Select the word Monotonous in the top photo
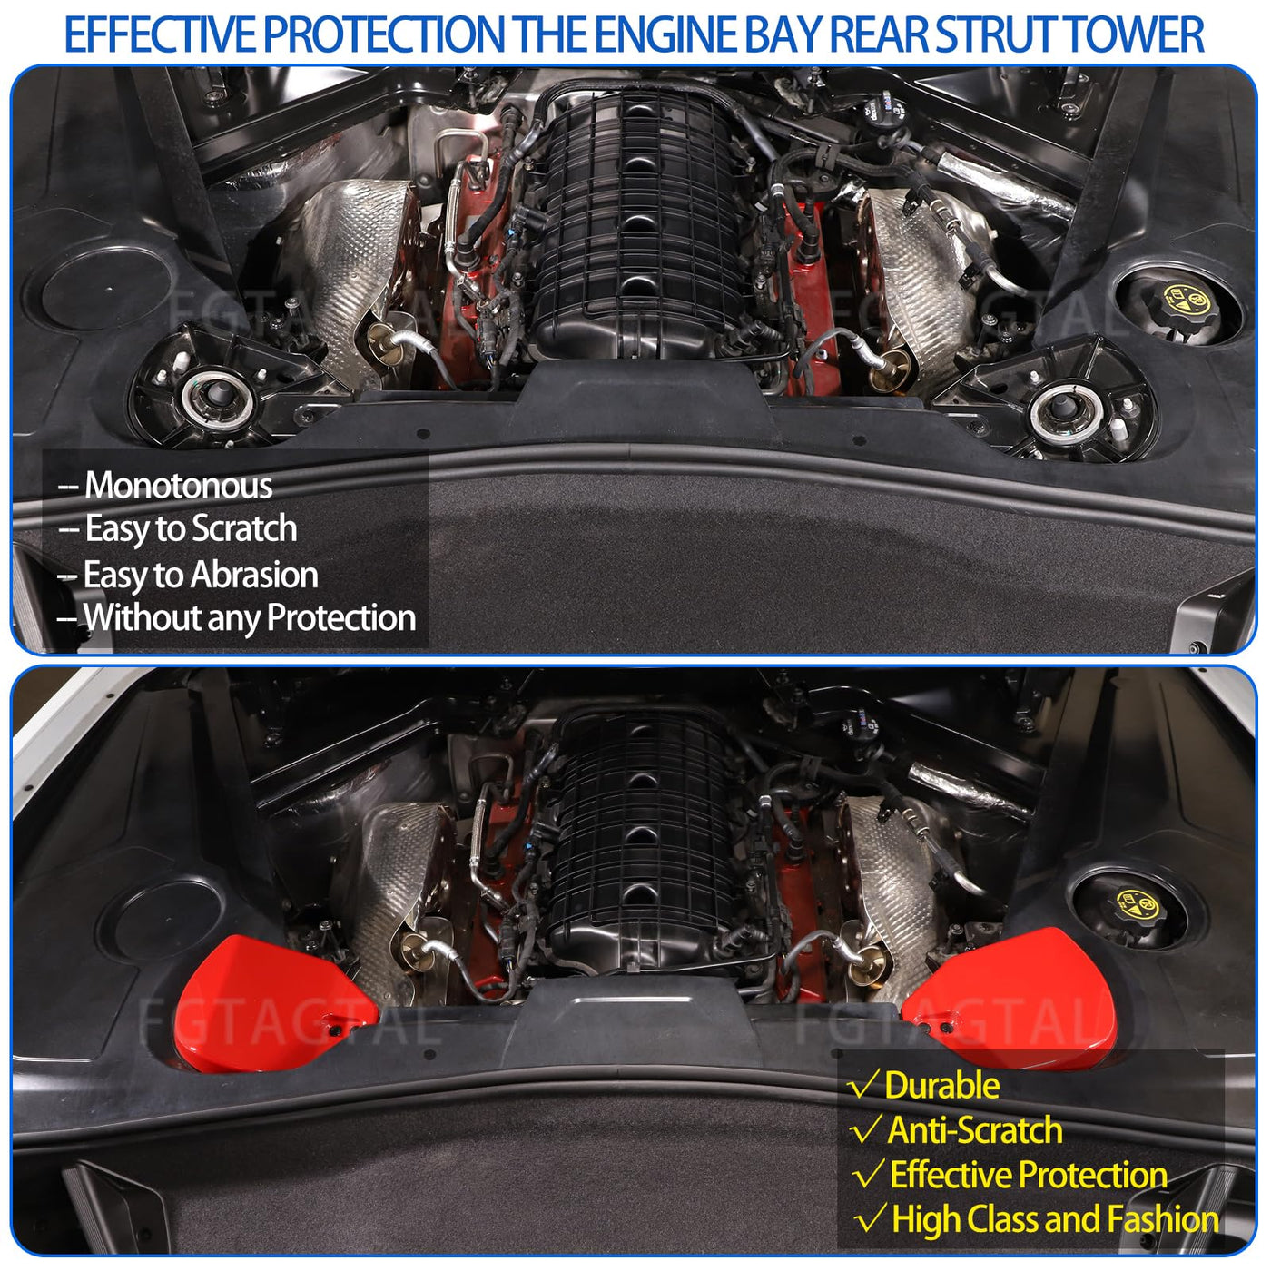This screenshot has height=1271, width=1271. pos(178,486)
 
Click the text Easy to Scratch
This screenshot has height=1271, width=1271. pos(191,529)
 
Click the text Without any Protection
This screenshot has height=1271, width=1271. pos(250,618)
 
